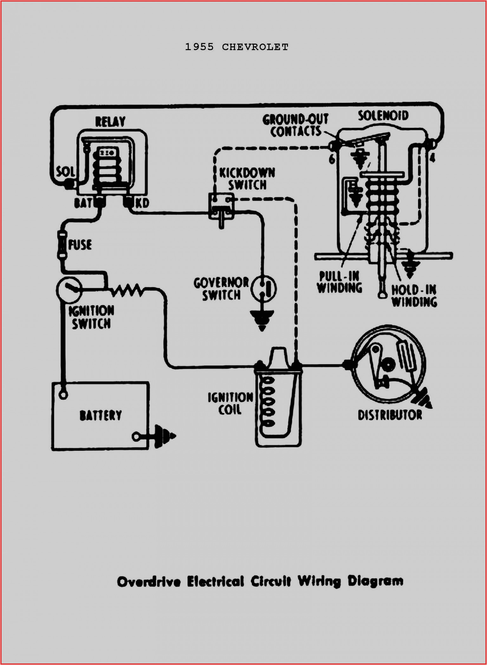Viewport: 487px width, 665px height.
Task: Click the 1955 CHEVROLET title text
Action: [x=237, y=47]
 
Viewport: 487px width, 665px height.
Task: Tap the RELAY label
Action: [x=110, y=122]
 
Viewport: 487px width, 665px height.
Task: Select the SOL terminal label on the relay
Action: [x=66, y=172]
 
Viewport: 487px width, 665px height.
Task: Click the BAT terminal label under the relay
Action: [x=83, y=203]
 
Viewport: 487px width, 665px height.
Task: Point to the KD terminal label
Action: [x=142, y=203]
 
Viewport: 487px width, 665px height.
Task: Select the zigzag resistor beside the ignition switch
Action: [x=127, y=290]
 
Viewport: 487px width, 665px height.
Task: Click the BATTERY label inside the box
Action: [x=101, y=415]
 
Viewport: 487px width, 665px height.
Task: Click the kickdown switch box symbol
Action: [x=221, y=206]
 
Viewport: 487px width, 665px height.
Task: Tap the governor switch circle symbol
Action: [x=264, y=289]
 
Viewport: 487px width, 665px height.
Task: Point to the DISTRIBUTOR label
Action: [x=390, y=415]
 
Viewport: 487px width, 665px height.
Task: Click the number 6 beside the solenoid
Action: [x=332, y=159]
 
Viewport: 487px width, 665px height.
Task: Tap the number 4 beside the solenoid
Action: [x=432, y=157]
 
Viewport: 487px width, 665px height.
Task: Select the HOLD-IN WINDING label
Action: [x=414, y=295]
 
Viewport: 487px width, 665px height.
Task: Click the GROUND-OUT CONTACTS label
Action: [x=295, y=125]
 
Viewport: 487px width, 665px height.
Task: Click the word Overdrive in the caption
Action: [x=149, y=582]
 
